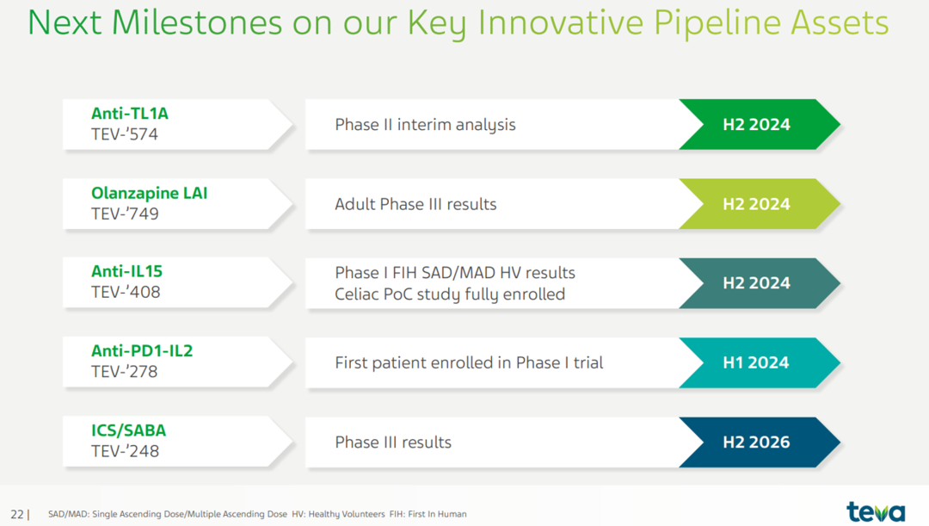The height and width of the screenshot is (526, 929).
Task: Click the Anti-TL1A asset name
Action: click(130, 114)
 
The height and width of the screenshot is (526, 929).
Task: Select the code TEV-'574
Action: click(125, 134)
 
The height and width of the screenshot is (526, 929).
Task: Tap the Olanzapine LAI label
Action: click(150, 193)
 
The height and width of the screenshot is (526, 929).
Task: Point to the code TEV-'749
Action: click(125, 214)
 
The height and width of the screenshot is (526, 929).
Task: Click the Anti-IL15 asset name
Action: click(126, 271)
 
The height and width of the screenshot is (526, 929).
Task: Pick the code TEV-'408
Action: click(126, 293)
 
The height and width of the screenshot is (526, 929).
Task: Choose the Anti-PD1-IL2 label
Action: click(142, 350)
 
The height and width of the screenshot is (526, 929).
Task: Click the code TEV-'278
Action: click(125, 372)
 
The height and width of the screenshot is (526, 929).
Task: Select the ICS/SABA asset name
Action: click(128, 430)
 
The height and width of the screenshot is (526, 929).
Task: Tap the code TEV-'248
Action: click(125, 451)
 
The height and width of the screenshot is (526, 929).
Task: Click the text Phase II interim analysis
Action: click(426, 125)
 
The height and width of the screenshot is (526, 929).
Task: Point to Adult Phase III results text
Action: click(416, 204)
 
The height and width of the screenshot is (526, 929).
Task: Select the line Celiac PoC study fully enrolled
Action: click(450, 294)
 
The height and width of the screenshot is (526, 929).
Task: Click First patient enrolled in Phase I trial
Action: click(470, 362)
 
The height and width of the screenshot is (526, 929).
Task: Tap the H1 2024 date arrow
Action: click(760, 363)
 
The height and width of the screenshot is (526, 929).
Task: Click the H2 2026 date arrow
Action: click(760, 442)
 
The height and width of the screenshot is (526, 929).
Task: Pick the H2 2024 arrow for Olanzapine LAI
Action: click(760, 204)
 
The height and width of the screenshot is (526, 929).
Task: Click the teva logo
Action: click(876, 511)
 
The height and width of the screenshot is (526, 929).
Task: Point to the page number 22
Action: click(17, 514)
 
